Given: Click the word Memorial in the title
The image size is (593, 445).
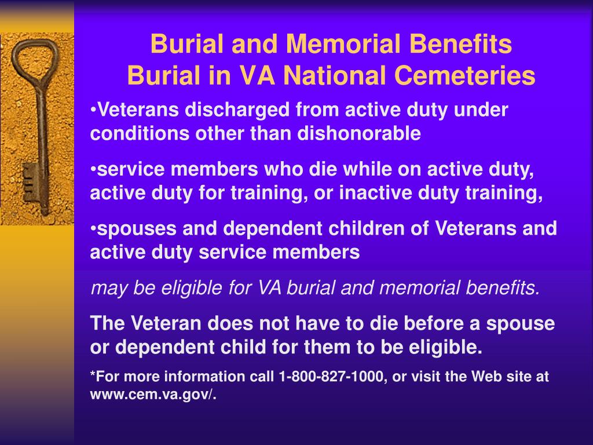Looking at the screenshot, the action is [x=343, y=44].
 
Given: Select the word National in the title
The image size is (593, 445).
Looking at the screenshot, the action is [x=335, y=75].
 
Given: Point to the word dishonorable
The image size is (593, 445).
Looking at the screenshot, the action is [x=359, y=133].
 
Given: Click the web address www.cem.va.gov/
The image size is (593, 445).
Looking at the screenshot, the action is [x=153, y=394].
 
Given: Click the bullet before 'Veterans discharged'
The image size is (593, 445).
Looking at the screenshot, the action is [x=93, y=110].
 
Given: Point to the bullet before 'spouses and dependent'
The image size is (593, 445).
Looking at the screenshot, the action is [x=93, y=229].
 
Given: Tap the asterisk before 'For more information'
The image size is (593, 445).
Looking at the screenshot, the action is [x=93, y=373].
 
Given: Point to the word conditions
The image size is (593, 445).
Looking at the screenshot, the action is [x=139, y=133].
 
